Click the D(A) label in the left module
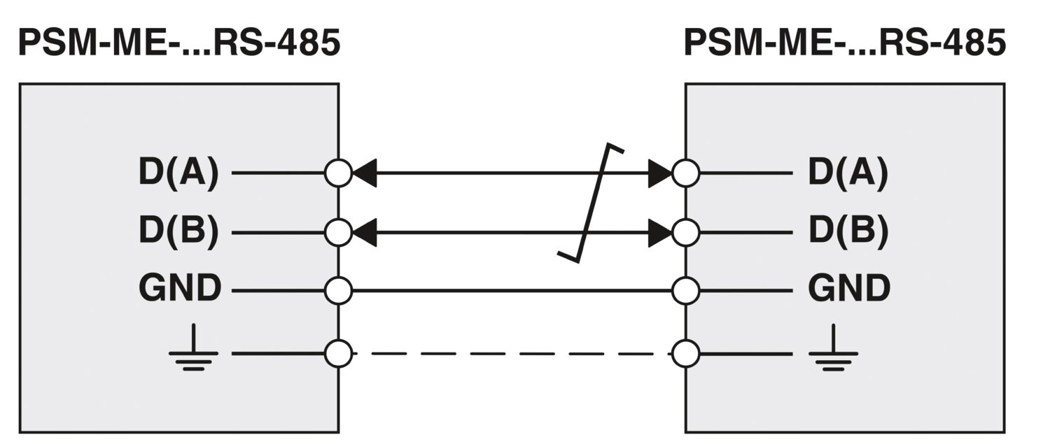[x=178, y=173]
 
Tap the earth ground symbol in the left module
[x=193, y=350]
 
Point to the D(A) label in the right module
[x=848, y=173]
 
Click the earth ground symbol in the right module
[x=833, y=350]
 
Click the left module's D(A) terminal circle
[x=339, y=173]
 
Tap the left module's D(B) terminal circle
[x=339, y=232]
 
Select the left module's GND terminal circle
[x=339, y=290]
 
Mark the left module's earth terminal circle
[x=339, y=353]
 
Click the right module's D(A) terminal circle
[x=685, y=173]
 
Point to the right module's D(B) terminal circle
[x=685, y=232]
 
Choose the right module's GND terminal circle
[x=685, y=290]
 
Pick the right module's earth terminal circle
[x=685, y=353]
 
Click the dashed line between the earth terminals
[x=511, y=353]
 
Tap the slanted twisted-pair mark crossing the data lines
[x=591, y=203]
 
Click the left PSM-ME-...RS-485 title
[x=178, y=43]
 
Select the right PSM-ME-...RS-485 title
[x=844, y=43]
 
